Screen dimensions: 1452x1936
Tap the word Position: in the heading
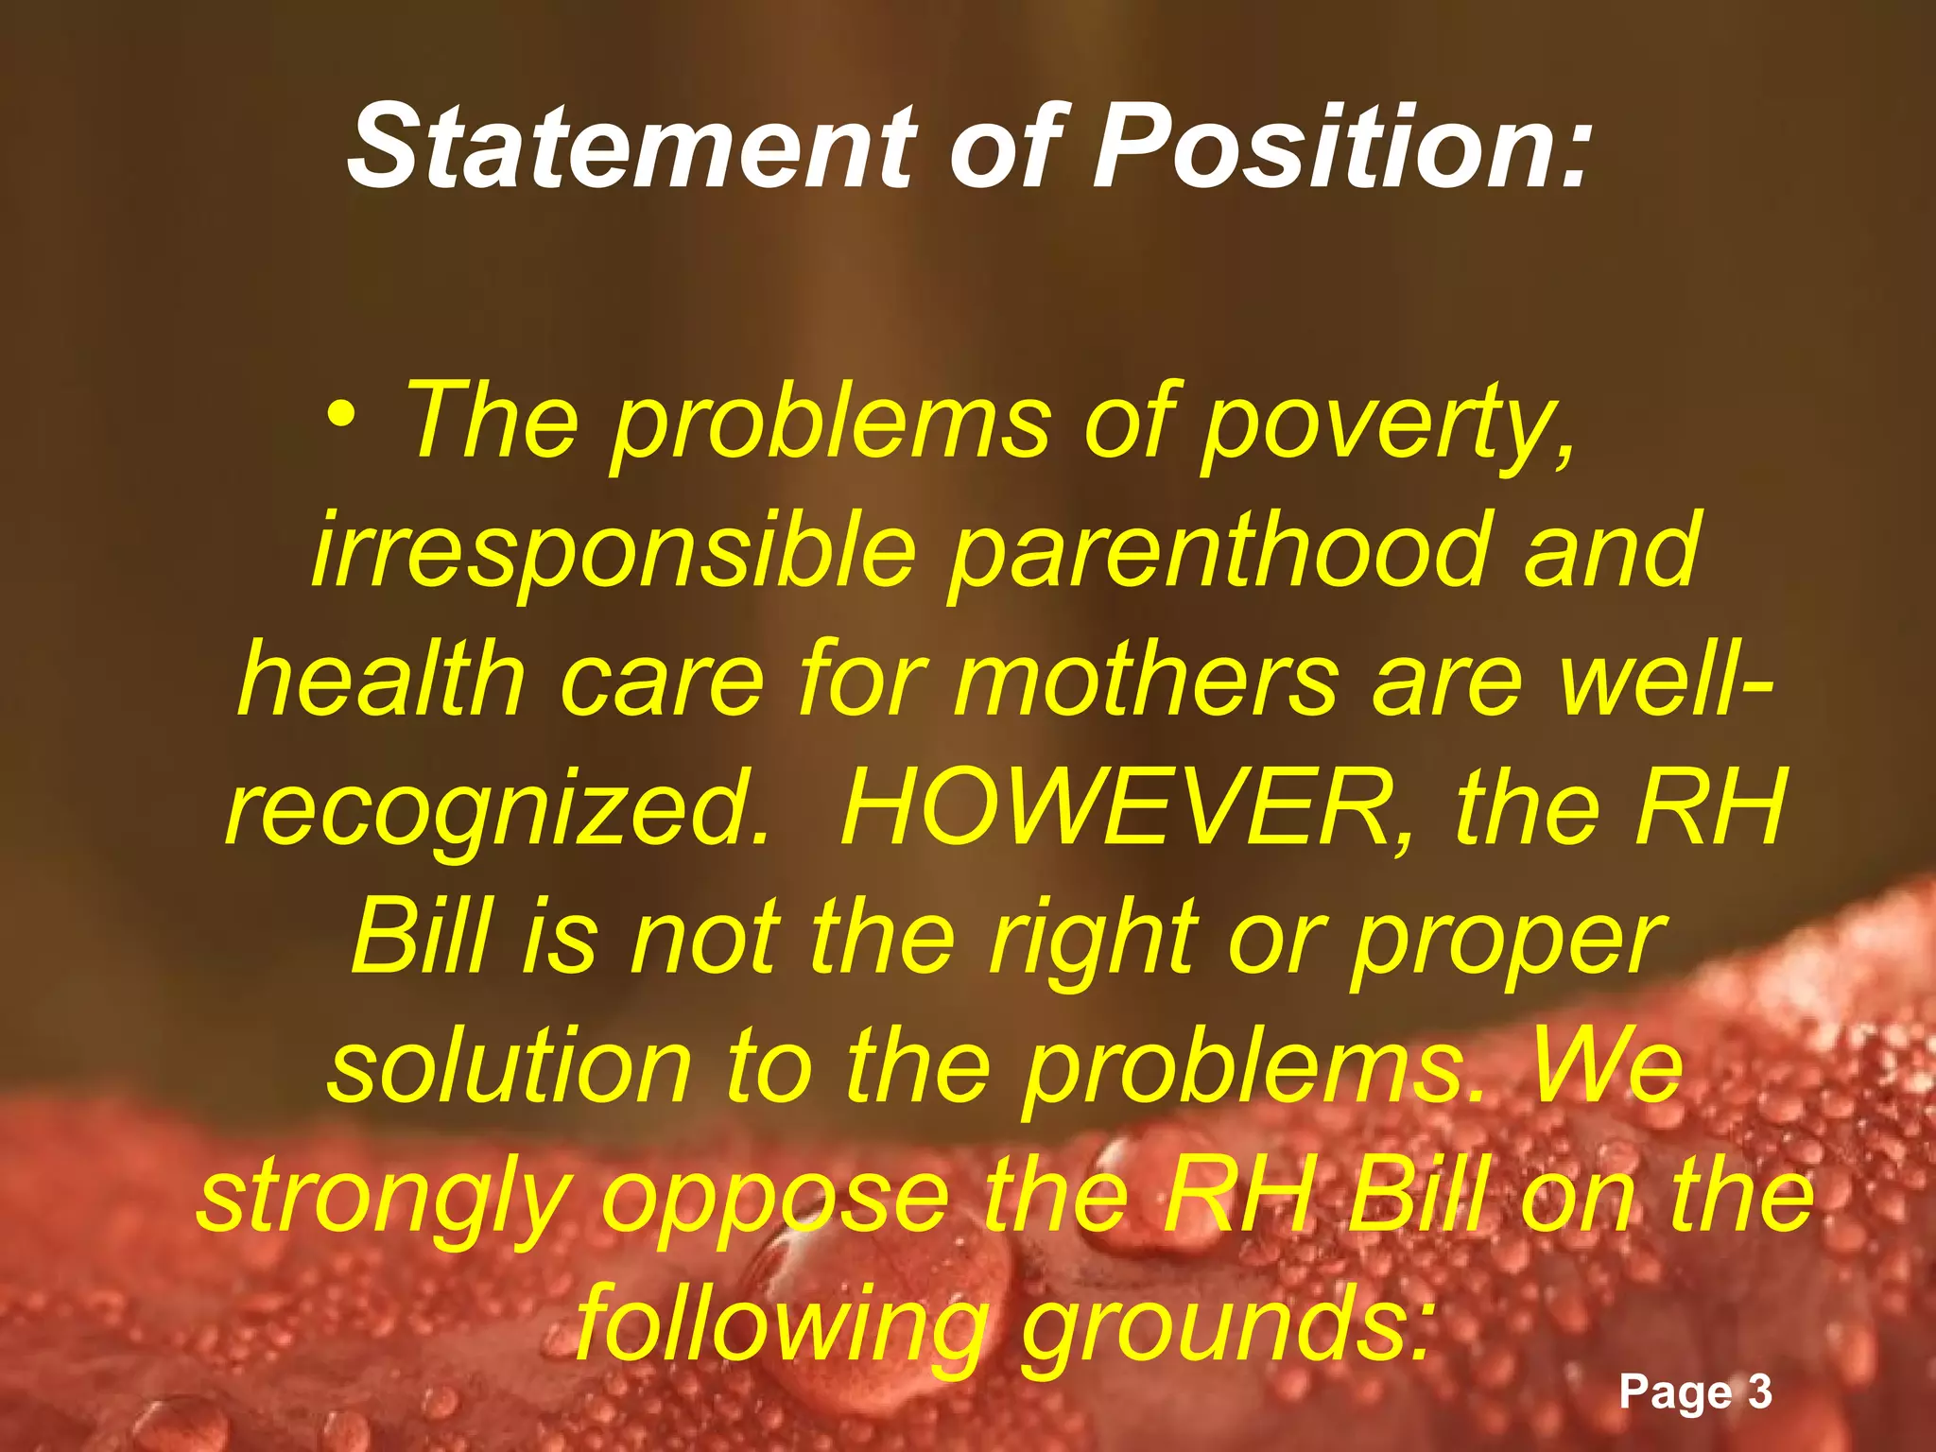coord(1341,147)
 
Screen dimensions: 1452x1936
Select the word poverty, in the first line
coord(1391,423)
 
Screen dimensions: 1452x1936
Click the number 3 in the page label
coord(1759,1391)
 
